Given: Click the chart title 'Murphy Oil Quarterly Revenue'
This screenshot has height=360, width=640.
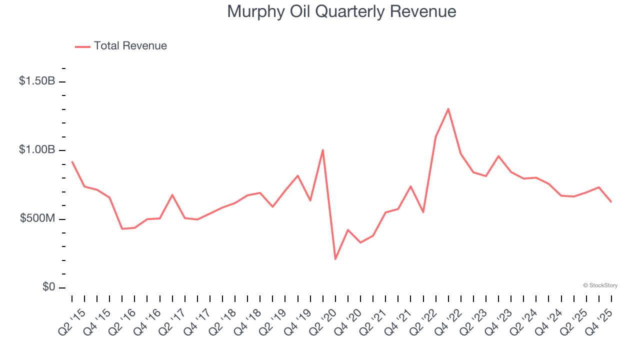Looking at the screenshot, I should (341, 11).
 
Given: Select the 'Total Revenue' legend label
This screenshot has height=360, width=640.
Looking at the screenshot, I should (130, 46).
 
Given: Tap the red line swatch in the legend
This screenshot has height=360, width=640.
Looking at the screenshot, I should (82, 46).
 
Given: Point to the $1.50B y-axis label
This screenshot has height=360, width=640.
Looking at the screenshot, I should (37, 81).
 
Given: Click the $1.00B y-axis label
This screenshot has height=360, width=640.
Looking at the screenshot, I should (37, 150).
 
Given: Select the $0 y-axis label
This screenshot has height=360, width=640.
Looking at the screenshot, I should (48, 287).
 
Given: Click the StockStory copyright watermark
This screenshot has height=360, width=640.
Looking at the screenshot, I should (600, 285).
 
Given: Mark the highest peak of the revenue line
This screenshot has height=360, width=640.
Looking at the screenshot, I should (448, 108).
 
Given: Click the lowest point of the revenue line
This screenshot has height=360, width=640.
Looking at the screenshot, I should (335, 259).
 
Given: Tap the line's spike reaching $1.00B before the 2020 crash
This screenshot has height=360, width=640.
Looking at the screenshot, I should (323, 150).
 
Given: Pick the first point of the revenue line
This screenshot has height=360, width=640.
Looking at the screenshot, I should (72, 161).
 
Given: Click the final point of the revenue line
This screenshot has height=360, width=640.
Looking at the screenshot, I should (611, 201).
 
